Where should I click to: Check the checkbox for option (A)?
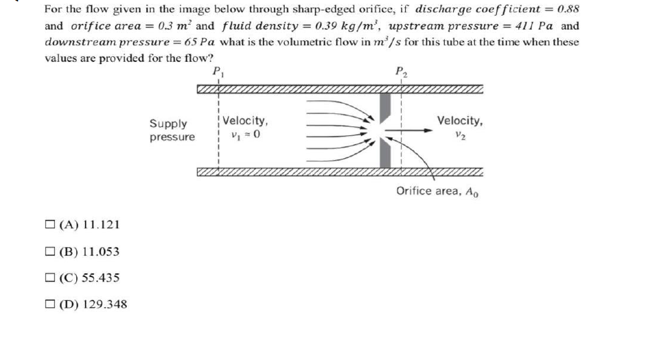tap(51, 225)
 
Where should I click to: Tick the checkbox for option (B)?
tap(51, 251)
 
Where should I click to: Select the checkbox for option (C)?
tap(51, 278)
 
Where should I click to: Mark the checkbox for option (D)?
tap(51, 304)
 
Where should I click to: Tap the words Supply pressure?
tap(172, 131)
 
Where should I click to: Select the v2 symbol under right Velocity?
tap(460, 135)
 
